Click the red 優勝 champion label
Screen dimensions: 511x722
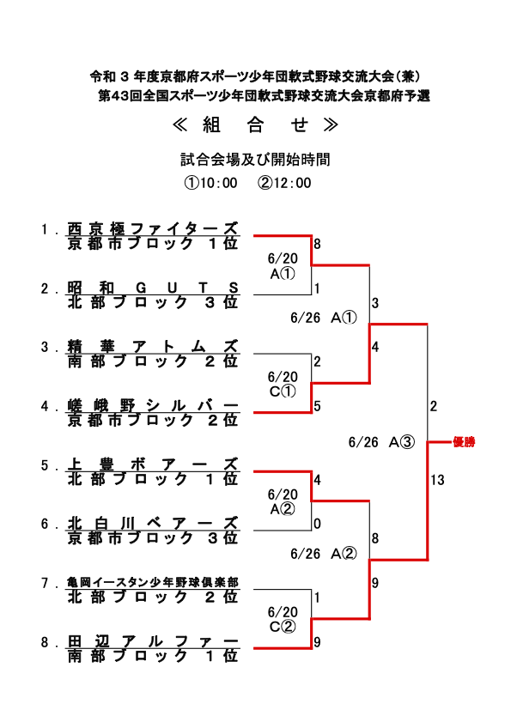pos(464,442)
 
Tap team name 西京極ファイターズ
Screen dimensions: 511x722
pos(153,228)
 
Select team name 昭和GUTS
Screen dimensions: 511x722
pos(153,288)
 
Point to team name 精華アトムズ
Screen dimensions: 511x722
pos(153,346)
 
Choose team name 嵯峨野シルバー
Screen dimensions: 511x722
pos(153,406)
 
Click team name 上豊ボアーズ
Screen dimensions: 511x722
pos(153,464)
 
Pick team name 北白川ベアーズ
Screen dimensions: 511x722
pos(153,524)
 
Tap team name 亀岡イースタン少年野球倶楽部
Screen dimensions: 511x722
pos(153,582)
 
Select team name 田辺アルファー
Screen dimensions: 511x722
pos(153,641)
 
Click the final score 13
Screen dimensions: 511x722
pos(437,480)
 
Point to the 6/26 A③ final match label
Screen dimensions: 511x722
pos(381,442)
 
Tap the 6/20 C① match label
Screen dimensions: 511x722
pos(283,384)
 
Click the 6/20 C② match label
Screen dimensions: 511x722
pos(283,619)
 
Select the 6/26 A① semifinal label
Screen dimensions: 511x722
pos(324,318)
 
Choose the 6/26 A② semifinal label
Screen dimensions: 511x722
pos(324,554)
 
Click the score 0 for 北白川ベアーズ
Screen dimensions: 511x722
pos(317,524)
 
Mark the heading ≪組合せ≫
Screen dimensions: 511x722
pos(255,124)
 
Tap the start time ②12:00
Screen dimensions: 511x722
pos(284,183)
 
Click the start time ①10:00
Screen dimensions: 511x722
pos(210,183)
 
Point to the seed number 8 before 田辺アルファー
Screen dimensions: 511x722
pos(45,642)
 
